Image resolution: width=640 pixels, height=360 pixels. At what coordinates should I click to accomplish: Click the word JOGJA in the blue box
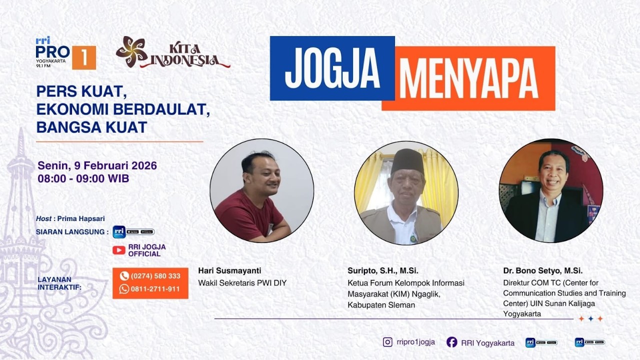(332, 68)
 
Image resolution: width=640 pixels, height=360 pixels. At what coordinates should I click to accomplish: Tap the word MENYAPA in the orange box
(468, 79)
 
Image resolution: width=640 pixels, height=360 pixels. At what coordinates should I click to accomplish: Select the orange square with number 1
(84, 57)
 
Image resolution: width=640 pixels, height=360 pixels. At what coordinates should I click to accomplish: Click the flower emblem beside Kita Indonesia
(131, 51)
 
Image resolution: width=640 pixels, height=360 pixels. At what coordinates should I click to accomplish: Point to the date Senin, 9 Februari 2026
(97, 165)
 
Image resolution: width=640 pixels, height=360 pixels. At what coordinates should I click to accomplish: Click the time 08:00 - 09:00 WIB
(83, 178)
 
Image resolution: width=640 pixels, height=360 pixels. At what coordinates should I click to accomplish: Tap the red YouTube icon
(119, 250)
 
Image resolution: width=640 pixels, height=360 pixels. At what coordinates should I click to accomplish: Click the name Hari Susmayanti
(229, 270)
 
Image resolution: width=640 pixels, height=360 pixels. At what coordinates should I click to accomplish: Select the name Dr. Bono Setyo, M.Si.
(543, 270)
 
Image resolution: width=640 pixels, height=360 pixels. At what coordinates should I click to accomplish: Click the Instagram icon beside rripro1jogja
(387, 342)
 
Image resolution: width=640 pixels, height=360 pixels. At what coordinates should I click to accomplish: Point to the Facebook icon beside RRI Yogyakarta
(451, 342)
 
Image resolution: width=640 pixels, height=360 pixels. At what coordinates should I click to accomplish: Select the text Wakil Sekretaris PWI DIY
(242, 283)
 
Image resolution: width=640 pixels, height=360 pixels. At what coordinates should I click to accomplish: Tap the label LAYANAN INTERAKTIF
(59, 283)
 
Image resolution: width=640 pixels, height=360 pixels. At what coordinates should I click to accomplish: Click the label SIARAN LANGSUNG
(72, 231)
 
